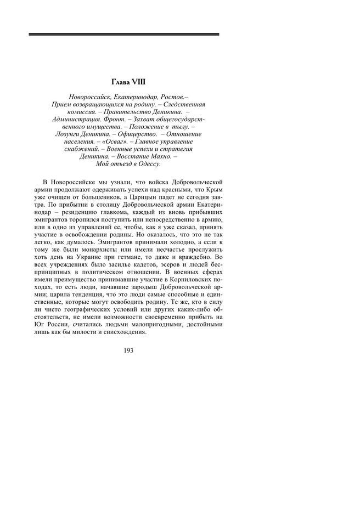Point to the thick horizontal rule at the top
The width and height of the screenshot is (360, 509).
[x=124, y=35]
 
